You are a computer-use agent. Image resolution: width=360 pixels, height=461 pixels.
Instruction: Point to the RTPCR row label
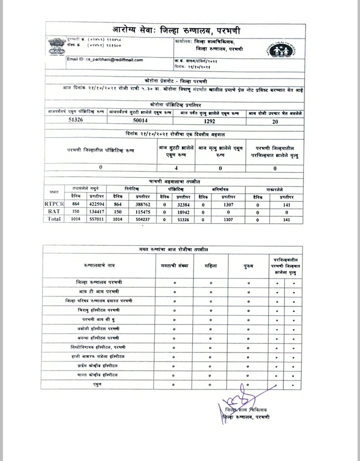54,204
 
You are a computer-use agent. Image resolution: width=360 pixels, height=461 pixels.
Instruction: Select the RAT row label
54,211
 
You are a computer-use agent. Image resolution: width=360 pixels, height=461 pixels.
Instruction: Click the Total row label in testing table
54,218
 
